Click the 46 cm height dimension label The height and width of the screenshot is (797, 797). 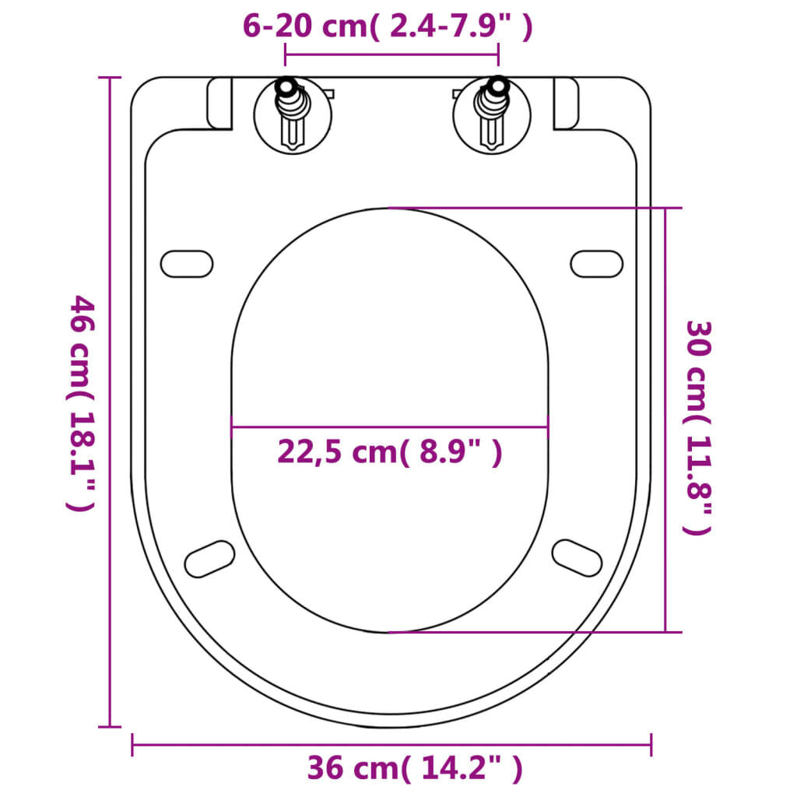click(x=81, y=402)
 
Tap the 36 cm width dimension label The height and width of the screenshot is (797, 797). click(x=415, y=769)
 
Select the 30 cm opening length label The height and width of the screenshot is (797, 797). click(x=697, y=427)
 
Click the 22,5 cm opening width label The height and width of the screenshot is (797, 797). click(x=389, y=451)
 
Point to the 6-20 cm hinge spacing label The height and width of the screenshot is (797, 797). click(x=388, y=26)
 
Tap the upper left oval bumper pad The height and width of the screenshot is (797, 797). click(x=187, y=263)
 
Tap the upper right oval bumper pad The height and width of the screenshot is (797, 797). click(x=597, y=263)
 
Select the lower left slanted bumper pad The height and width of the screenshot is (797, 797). click(x=209, y=559)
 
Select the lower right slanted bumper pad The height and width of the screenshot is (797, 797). click(x=577, y=557)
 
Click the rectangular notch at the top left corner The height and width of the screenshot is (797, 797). click(x=220, y=104)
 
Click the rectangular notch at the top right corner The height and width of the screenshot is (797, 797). click(x=566, y=104)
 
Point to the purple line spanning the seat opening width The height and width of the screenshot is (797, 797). click(x=389, y=427)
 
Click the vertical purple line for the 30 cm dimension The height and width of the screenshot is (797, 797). click(x=665, y=420)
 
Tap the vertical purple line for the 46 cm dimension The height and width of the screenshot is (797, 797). click(x=110, y=402)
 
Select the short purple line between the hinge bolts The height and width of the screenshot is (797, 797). click(x=391, y=55)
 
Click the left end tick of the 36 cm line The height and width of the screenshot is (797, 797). click(x=133, y=745)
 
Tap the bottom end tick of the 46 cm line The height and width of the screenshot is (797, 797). click(x=110, y=726)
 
